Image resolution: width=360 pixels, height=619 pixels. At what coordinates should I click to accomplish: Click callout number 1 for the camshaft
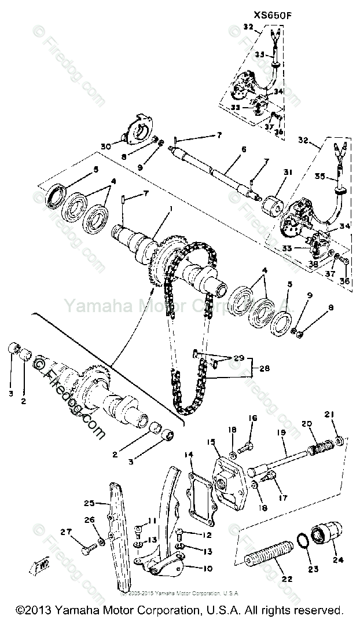pos(170,208)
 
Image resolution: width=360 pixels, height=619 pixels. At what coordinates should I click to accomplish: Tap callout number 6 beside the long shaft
pos(244,149)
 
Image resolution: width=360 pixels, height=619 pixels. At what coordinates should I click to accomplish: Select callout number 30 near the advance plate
pos(105,147)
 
